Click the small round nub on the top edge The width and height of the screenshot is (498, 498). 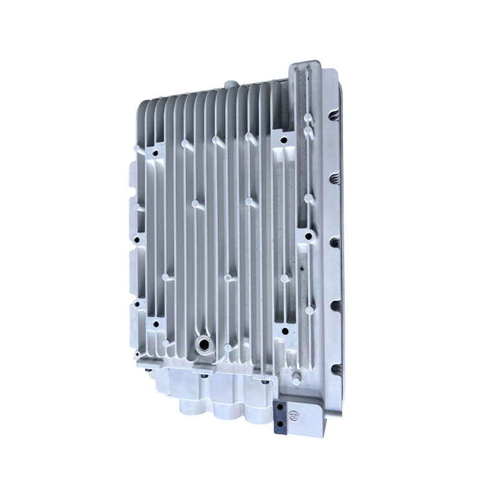(x=228, y=83)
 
